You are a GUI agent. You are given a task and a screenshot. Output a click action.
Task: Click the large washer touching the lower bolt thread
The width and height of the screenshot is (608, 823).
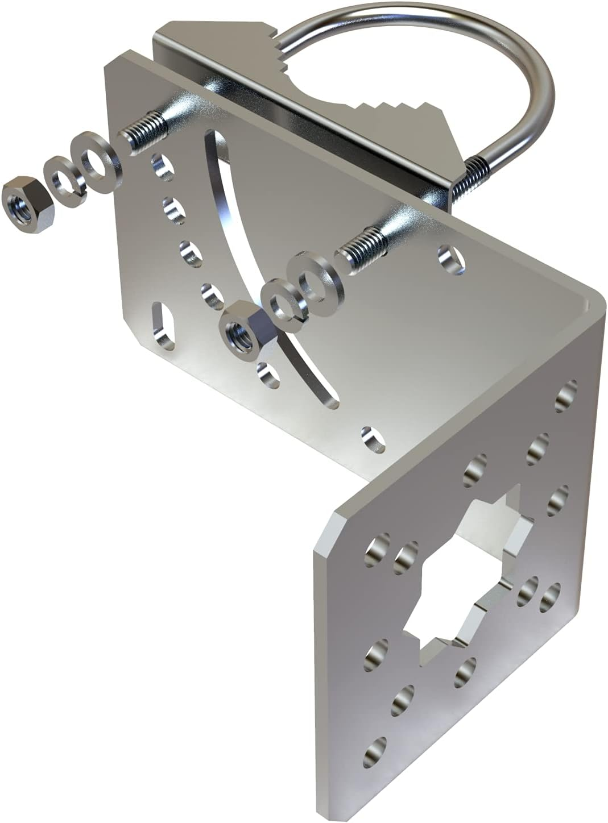click(x=315, y=279)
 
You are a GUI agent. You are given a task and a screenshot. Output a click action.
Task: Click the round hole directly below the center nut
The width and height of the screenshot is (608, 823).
click(x=268, y=375)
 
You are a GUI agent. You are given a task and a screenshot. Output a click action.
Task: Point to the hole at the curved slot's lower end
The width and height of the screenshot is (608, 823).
click(x=373, y=439)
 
